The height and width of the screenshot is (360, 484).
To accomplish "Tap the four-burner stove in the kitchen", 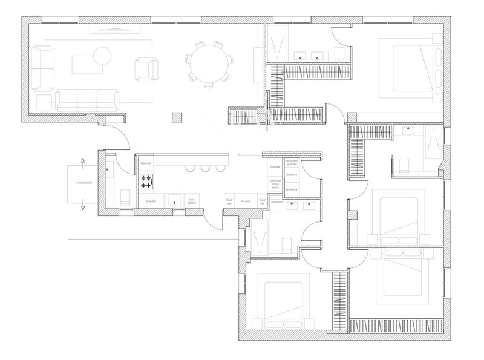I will click(x=146, y=181).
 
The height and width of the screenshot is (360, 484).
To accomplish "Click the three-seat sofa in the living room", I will click(x=87, y=98).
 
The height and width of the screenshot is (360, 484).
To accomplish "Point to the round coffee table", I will click(x=102, y=56).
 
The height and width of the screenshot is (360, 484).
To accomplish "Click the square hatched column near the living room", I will click(x=177, y=117).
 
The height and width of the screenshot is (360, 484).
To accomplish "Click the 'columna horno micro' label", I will click(x=275, y=184).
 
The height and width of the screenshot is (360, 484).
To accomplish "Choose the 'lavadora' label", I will click(x=292, y=175).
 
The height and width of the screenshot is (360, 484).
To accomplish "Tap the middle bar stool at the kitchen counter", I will click(x=204, y=168).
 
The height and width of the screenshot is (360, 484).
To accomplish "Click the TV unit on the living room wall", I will click(x=116, y=28).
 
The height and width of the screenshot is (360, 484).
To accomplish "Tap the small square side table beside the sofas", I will click(x=44, y=102).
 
